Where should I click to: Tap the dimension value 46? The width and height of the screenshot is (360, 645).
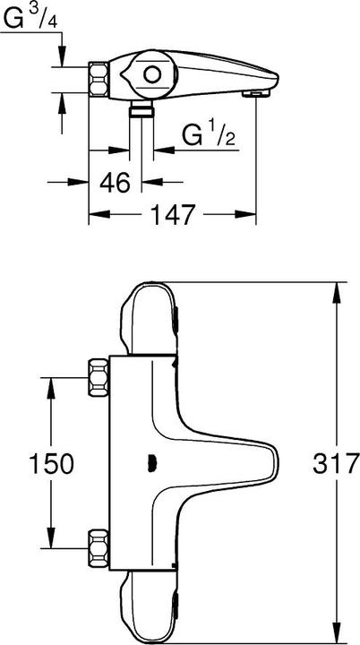point(116,182)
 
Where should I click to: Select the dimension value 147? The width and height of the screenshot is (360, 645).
point(172,214)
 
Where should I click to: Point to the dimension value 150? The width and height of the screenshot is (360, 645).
point(51,464)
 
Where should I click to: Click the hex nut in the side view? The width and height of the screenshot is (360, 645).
point(99,80)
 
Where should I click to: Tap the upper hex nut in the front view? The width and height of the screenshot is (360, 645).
point(99,377)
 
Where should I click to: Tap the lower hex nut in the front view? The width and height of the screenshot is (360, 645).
point(99,548)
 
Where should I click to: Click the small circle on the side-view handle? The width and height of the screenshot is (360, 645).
point(152,75)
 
